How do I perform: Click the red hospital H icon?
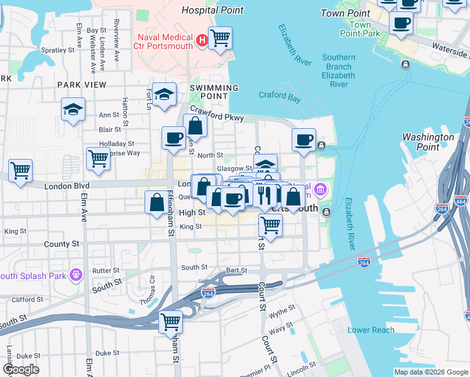[202, 41]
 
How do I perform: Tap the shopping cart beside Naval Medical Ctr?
[219, 38]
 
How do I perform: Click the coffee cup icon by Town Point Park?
[400, 23]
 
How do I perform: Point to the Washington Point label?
[428, 142]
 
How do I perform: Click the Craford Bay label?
[280, 96]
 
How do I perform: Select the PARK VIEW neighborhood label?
[82, 84]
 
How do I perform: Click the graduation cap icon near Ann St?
[73, 109]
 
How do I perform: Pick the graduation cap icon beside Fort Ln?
[164, 95]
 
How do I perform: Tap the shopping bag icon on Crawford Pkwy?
[195, 126]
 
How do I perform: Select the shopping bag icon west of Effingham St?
[156, 202]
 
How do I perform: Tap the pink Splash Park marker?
[77, 274]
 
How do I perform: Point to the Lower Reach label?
[371, 330]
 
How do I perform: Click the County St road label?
[62, 244]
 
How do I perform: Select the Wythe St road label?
[281, 310]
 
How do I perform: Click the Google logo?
[21, 369]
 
